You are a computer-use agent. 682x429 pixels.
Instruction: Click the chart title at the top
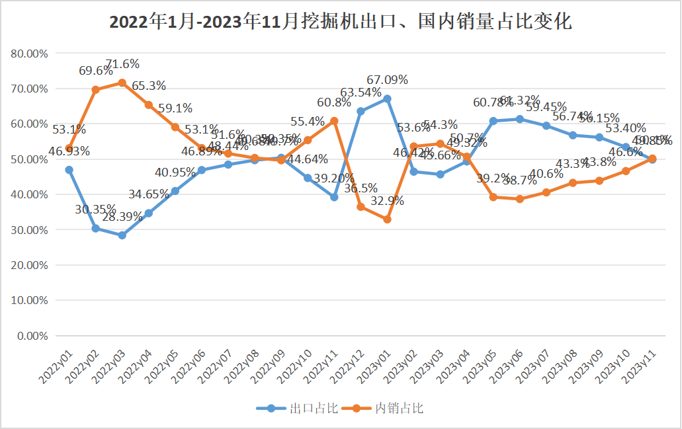pos(340,22)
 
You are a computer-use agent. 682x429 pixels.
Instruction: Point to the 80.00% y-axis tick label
pos(30,53)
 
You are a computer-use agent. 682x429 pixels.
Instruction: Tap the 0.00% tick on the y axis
pos(32,335)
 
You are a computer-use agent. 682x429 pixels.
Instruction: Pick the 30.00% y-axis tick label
pos(30,229)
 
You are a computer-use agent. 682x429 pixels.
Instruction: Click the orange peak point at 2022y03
pos(122,83)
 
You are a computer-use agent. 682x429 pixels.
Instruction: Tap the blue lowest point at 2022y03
pos(122,235)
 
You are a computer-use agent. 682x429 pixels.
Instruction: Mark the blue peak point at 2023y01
pos(388,98)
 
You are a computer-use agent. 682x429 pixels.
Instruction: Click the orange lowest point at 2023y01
pos(388,219)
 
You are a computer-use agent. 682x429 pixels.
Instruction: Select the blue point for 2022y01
pos(69,170)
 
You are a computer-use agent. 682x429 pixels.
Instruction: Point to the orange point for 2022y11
pos(335,121)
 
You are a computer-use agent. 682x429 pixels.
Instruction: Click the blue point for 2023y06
pos(520,119)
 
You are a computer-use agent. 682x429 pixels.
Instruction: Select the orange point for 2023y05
pos(493,197)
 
